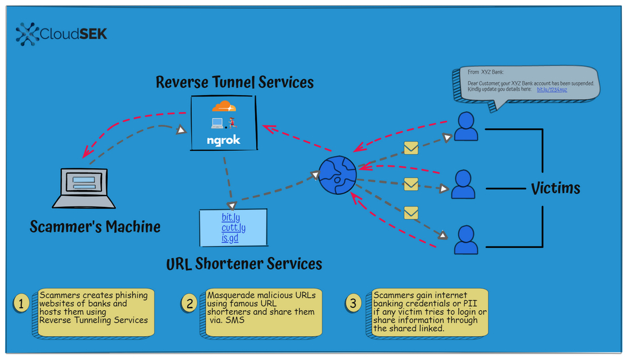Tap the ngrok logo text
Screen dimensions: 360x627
[x=223, y=140]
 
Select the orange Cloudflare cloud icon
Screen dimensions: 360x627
[x=223, y=106]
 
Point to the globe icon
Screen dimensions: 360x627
[x=337, y=175]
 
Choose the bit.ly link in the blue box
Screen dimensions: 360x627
[x=231, y=218]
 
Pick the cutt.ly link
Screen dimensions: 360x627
[x=233, y=228]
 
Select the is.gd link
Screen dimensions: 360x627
[x=230, y=238]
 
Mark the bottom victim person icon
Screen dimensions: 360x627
[x=465, y=240]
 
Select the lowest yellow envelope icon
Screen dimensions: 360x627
[x=410, y=213]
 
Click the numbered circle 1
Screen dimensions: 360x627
[x=20, y=303]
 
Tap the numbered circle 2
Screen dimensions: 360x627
[x=189, y=303]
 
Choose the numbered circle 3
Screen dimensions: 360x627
[x=353, y=303]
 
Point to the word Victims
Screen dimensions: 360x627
[x=555, y=188]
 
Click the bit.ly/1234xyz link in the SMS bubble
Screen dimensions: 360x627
[x=552, y=90]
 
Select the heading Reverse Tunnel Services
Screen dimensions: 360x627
[x=235, y=82]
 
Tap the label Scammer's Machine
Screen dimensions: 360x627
[x=95, y=227]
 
